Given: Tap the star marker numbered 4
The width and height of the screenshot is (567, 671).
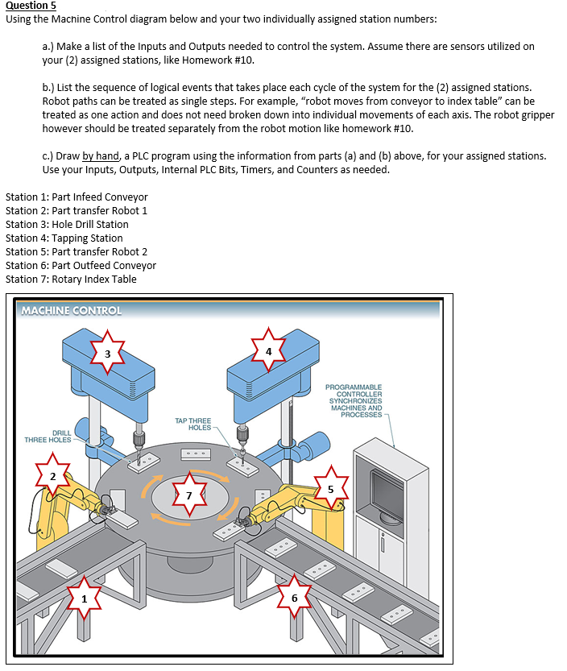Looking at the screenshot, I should coord(269,351).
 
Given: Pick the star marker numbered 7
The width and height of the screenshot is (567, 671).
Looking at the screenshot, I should coord(188,495).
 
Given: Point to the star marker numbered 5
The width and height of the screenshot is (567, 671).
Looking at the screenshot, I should coord(329,488).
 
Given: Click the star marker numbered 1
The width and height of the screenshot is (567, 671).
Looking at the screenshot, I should coord(83,597).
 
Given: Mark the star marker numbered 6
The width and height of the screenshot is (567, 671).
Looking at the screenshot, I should coord(294,598).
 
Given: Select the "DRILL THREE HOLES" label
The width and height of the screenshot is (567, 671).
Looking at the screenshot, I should coord(48,436).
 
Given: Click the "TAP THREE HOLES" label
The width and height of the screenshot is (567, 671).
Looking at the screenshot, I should coord(192,424).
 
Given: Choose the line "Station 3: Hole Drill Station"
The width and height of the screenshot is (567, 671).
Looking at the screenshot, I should coord(67,224).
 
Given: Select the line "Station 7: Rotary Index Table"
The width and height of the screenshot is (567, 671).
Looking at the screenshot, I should coord(71,279).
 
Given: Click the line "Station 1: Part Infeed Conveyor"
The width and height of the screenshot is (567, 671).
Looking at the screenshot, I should coord(77,197).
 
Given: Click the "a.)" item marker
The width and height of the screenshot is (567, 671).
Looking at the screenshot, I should coord(48,47).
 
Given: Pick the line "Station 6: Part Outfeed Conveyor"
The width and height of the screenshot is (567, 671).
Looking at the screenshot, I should coord(81,265).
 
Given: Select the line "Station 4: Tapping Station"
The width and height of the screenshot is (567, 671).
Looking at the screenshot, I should coord(64,238).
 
